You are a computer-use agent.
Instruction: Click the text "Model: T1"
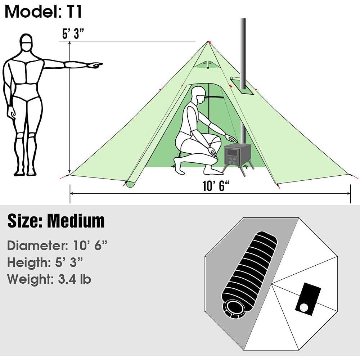(x=44, y=12)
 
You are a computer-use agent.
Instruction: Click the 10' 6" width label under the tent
(x=216, y=186)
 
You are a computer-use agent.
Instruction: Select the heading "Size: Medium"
(x=56, y=221)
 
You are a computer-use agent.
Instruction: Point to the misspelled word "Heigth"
(x=27, y=262)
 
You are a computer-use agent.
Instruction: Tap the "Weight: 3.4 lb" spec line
(x=49, y=279)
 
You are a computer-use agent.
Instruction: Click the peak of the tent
(x=208, y=42)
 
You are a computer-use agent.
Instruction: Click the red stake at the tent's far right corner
(x=354, y=176)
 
